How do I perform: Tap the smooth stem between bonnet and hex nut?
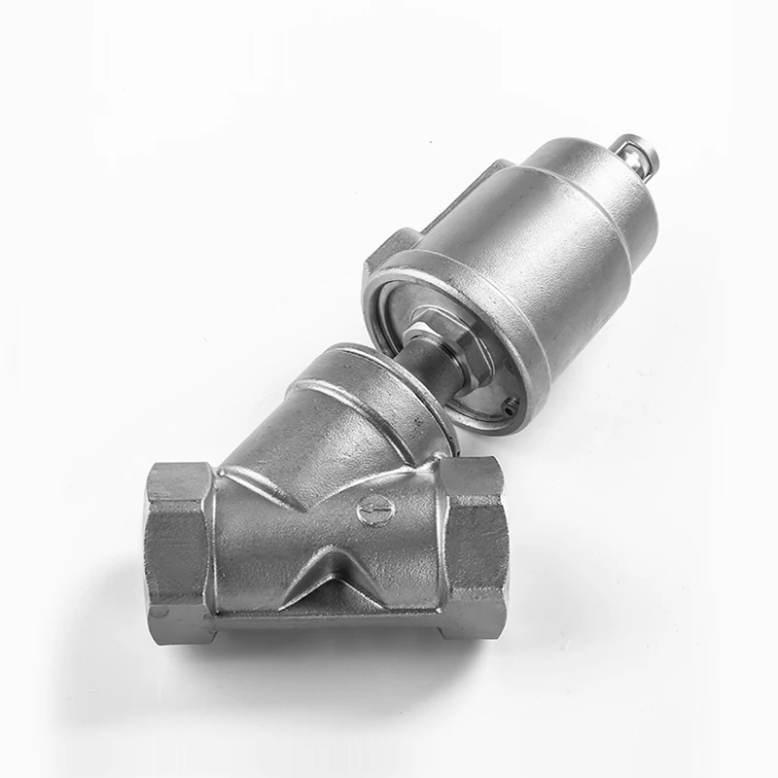435,360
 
